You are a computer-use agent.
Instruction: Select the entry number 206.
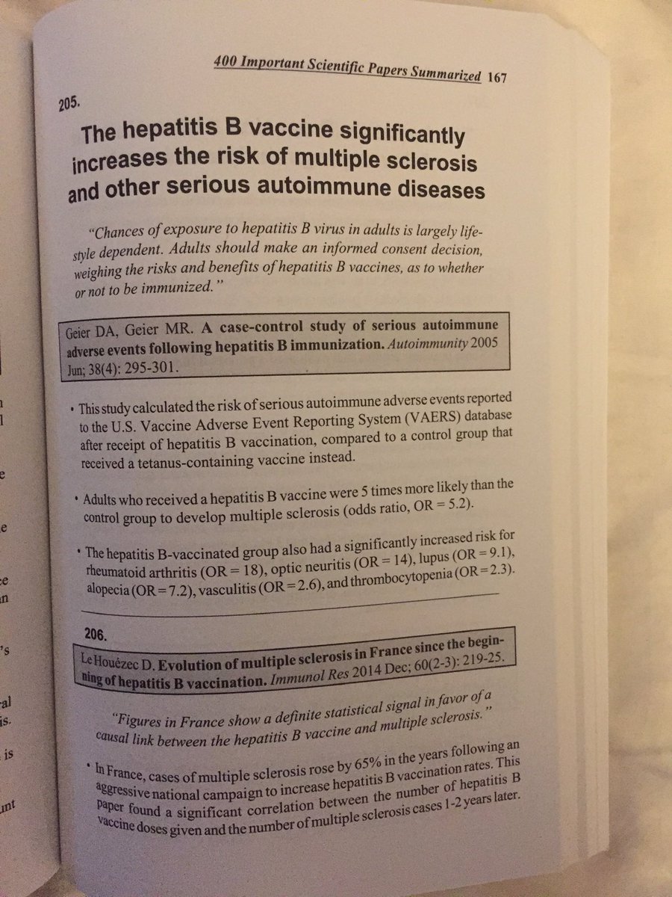94,634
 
